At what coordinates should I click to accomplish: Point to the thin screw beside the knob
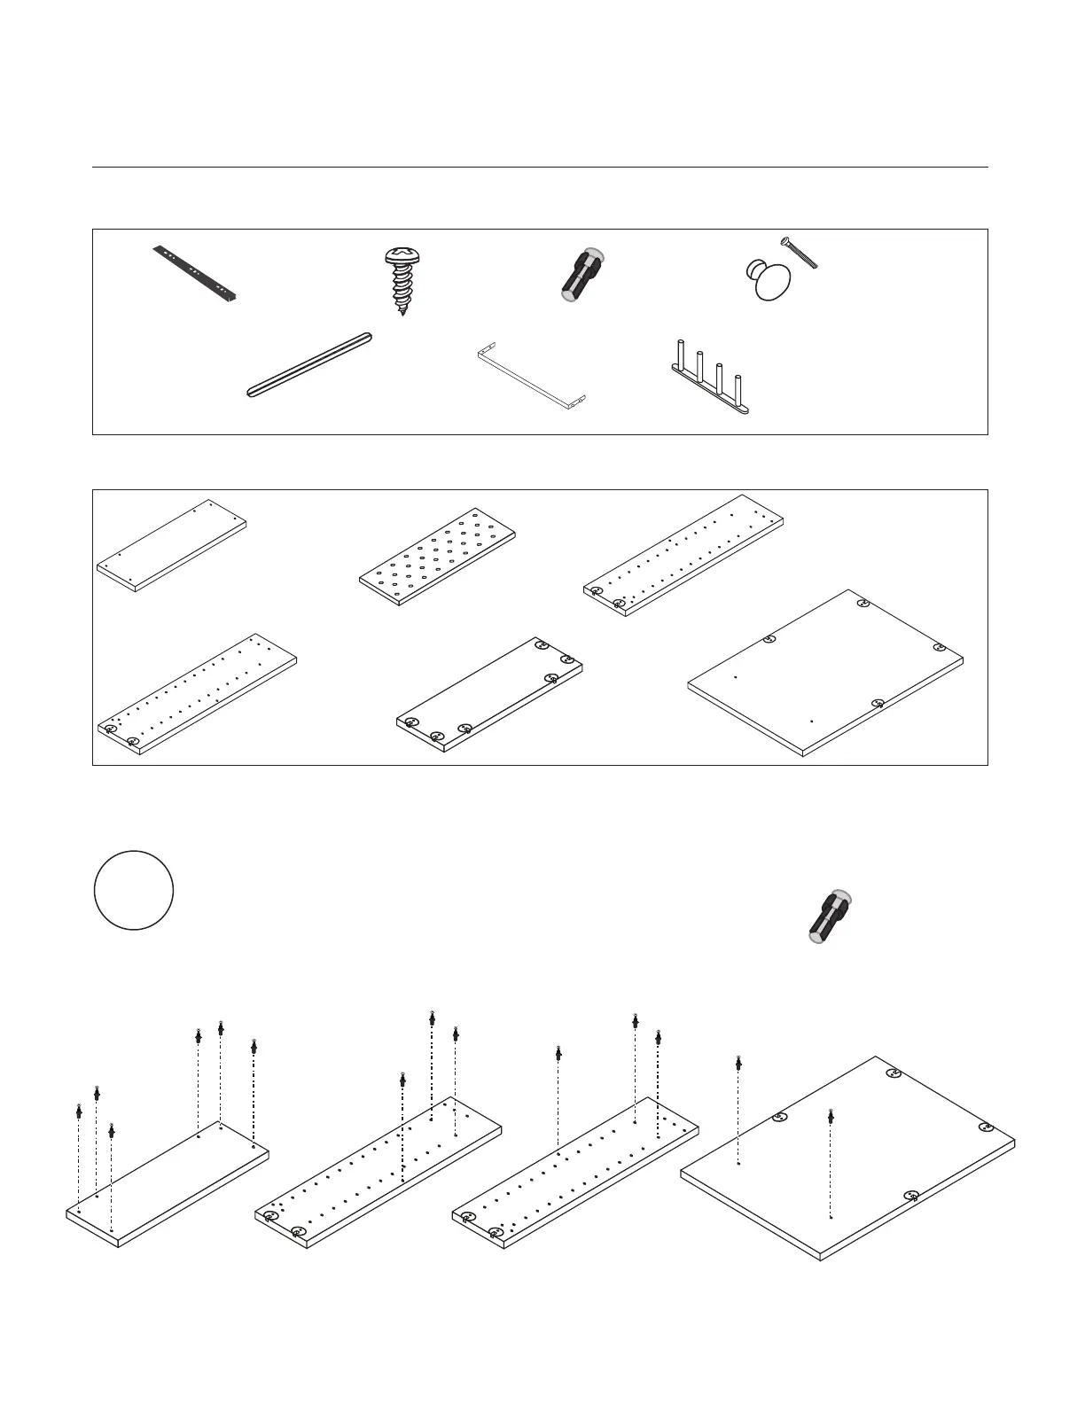799,252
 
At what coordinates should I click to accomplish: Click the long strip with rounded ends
308,363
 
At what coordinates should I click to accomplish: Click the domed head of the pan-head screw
402,256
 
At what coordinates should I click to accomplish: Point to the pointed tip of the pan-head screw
402,311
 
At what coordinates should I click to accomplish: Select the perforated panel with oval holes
438,555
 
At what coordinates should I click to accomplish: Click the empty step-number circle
134,890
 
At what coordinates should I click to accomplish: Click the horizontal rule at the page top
540,167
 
